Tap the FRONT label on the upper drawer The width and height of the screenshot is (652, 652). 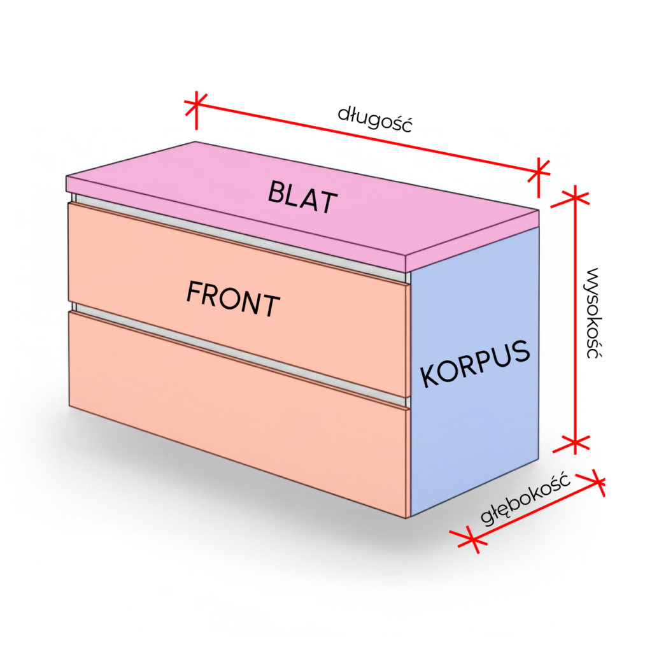pos(233,299)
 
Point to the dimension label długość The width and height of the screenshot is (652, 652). pos(375,118)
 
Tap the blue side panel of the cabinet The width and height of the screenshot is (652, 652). pos(474,433)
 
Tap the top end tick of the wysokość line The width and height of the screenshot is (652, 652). pos(575,197)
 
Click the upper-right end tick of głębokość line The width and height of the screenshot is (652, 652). pos(595,483)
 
